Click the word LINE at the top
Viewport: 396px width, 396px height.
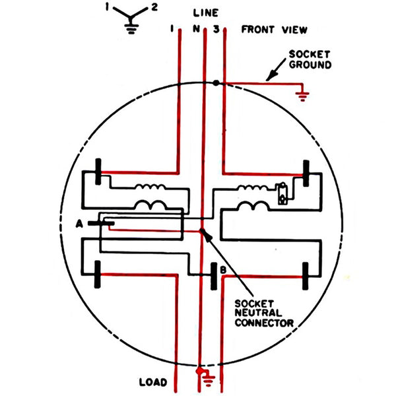pyautogui.click(x=205, y=13)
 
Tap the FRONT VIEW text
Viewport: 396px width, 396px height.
pyautogui.click(x=275, y=30)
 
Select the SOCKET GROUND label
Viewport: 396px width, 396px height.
pyautogui.click(x=310, y=59)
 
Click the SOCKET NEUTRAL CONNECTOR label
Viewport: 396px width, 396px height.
pyautogui.click(x=264, y=313)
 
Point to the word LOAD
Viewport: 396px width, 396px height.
pyautogui.click(x=153, y=382)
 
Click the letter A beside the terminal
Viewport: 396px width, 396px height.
pyautogui.click(x=79, y=224)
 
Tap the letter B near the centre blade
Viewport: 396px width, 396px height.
pyautogui.click(x=223, y=270)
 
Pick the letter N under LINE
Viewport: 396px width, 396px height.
pyautogui.click(x=196, y=29)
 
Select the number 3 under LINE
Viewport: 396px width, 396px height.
pyautogui.click(x=216, y=29)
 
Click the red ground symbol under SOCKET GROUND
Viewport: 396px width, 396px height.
pyautogui.click(x=302, y=96)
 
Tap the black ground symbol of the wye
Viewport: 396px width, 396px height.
pyautogui.click(x=131, y=29)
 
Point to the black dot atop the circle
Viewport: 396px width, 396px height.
pyautogui.click(x=216, y=83)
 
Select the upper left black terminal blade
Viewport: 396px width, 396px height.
pyautogui.click(x=98, y=172)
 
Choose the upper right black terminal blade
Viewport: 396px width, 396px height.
pyautogui.click(x=306, y=173)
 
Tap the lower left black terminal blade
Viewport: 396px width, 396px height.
pyautogui.click(x=98, y=275)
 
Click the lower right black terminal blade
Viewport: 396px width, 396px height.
pyautogui.click(x=306, y=276)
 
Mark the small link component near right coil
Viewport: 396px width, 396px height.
pyautogui.click(x=282, y=193)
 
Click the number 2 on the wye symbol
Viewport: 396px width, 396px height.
pyautogui.click(x=154, y=7)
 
